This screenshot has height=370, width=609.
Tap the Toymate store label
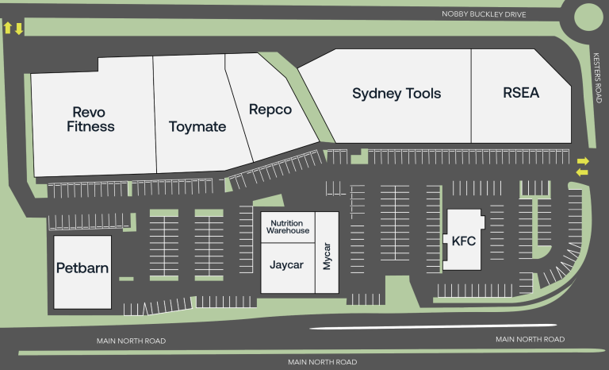click(x=197, y=126)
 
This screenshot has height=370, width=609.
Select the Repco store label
click(x=270, y=110)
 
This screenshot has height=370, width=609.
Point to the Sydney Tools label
click(x=396, y=94)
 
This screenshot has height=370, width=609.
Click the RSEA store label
click(x=521, y=93)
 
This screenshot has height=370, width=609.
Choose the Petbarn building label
click(x=82, y=268)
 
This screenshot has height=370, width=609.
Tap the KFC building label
click(x=464, y=241)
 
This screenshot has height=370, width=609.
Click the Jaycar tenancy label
click(x=286, y=264)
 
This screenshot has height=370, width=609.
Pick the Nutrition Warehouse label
click(x=288, y=226)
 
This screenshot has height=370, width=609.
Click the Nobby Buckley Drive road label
click(x=483, y=14)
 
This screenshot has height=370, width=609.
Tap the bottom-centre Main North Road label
click(x=322, y=362)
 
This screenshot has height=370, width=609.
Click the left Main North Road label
click(x=132, y=341)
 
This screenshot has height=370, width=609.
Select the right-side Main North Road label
click(x=530, y=339)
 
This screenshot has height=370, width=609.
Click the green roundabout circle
click(x=589, y=16)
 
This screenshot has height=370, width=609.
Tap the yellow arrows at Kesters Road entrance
click(x=583, y=166)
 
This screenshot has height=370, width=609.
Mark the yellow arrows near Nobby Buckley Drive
click(x=13, y=29)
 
